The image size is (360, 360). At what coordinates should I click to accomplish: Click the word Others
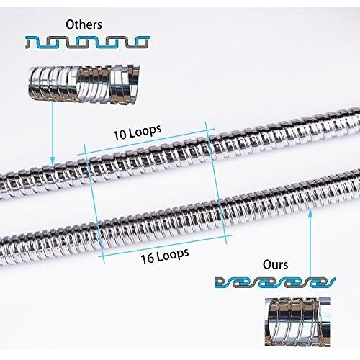(x=84, y=24)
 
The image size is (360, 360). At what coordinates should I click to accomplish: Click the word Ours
(x=275, y=264)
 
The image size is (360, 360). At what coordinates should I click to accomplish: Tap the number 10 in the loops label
(x=120, y=135)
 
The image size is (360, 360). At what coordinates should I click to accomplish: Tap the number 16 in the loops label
(x=147, y=258)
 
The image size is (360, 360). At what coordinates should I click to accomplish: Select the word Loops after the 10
(x=145, y=130)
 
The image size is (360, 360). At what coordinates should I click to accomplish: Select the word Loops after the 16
(x=172, y=254)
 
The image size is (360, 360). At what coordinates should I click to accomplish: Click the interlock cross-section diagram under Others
(x=88, y=42)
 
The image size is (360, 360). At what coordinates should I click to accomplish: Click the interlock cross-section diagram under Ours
(x=275, y=282)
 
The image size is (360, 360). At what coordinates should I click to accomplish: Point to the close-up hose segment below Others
(x=84, y=84)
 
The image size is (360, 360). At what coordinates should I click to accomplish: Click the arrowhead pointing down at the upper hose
(x=52, y=161)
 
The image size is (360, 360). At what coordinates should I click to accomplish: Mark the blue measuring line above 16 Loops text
(x=166, y=246)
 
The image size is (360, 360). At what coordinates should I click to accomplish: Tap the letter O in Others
(x=70, y=25)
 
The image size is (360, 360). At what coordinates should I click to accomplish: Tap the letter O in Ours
(x=267, y=265)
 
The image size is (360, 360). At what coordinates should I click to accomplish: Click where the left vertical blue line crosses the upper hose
(x=89, y=170)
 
